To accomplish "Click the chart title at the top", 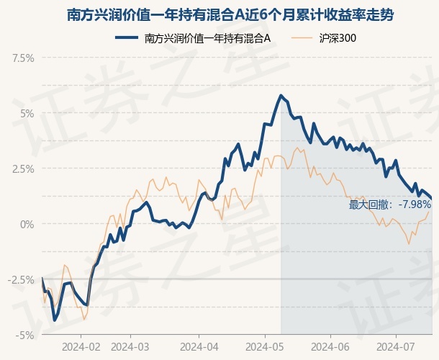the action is pyautogui.click(x=230, y=15).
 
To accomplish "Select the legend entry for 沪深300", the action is pyautogui.click(x=324, y=38).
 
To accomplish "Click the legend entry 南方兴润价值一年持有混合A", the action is pyautogui.click(x=193, y=38).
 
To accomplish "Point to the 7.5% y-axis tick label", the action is pyautogui.click(x=23, y=58).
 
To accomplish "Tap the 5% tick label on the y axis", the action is pyautogui.click(x=27, y=114).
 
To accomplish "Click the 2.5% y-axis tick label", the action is pyautogui.click(x=23, y=169).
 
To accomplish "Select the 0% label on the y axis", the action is pyautogui.click(x=27, y=225).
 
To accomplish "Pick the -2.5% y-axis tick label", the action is pyautogui.click(x=21, y=280).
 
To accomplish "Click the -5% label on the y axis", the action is pyautogui.click(x=25, y=335).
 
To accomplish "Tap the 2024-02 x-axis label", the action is pyautogui.click(x=81, y=347).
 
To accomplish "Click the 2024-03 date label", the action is pyautogui.click(x=130, y=347).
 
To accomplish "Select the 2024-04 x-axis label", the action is pyautogui.click(x=199, y=347).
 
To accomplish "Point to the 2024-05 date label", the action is pyautogui.click(x=265, y=347).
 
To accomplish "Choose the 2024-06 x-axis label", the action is pyautogui.click(x=330, y=347).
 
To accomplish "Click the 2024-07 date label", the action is pyautogui.click(x=396, y=347).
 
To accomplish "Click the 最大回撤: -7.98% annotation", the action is pyautogui.click(x=390, y=204).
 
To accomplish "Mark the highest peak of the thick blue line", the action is pyautogui.click(x=281, y=96).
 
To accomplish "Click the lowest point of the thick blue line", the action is pyautogui.click(x=54, y=320).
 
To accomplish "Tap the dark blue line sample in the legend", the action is pyautogui.click(x=127, y=38).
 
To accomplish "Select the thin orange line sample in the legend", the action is pyautogui.click(x=302, y=38).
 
